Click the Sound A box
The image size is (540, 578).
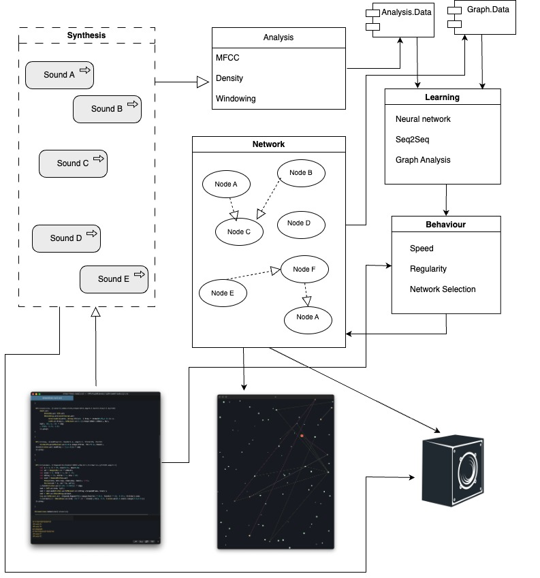pyautogui.click(x=59, y=75)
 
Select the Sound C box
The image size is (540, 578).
pyautogui.click(x=73, y=163)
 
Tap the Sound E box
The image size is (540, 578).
pyautogui.click(x=114, y=278)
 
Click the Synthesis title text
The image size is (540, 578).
pyautogui.click(x=86, y=35)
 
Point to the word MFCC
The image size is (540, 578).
pyautogui.click(x=227, y=59)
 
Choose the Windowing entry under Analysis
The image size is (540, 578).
pyautogui.click(x=236, y=99)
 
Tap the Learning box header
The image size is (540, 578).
pyautogui.click(x=442, y=97)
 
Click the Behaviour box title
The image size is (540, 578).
pyautogui.click(x=446, y=224)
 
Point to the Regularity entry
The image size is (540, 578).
pyautogui.click(x=428, y=269)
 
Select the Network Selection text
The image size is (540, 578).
pyautogui.click(x=443, y=289)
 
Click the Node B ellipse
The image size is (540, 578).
pyautogui.click(x=300, y=173)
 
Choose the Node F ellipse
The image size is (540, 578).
pyautogui.click(x=304, y=269)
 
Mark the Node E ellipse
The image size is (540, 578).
pyautogui.click(x=223, y=293)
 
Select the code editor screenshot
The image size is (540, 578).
pyautogui.click(x=95, y=468)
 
